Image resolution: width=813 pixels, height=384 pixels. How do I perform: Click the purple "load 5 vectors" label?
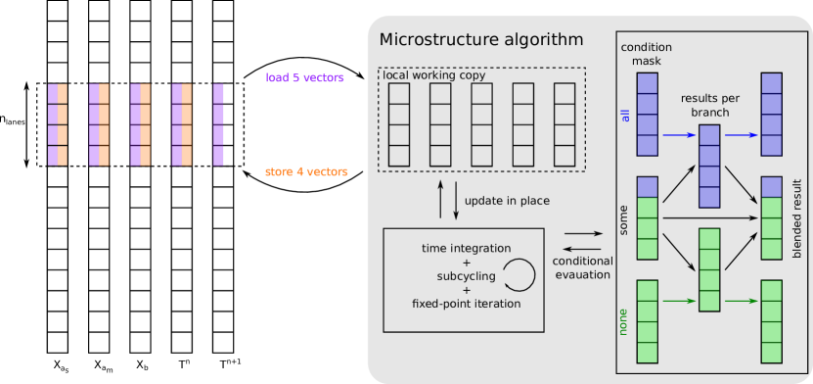304,78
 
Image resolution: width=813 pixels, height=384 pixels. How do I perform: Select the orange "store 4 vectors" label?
306,172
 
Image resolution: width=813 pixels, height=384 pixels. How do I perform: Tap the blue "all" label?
625,115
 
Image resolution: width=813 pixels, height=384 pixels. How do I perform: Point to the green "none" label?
623,321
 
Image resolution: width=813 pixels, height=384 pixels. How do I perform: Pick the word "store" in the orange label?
279,172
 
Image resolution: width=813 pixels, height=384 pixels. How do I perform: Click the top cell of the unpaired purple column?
218,93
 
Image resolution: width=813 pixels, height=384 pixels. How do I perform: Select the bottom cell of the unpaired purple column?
218,156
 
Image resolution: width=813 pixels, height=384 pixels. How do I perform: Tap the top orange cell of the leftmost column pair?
63,93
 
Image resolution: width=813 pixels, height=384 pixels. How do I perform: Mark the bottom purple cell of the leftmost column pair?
53,156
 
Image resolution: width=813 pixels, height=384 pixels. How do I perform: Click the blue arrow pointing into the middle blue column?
679,135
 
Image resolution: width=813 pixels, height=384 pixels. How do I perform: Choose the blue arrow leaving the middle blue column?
741,135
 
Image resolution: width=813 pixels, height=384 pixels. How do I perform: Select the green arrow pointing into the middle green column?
679,301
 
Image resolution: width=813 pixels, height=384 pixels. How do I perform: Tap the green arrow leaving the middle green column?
741,301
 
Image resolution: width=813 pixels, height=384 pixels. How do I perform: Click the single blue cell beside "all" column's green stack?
647,187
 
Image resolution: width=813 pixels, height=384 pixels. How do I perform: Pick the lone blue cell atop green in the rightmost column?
771,187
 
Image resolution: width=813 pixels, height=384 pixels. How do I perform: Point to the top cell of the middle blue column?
709,135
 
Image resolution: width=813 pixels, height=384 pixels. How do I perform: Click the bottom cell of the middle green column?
709,301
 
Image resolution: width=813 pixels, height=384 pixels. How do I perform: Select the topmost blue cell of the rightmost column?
771,83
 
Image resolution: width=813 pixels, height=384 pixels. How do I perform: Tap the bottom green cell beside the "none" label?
647,353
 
